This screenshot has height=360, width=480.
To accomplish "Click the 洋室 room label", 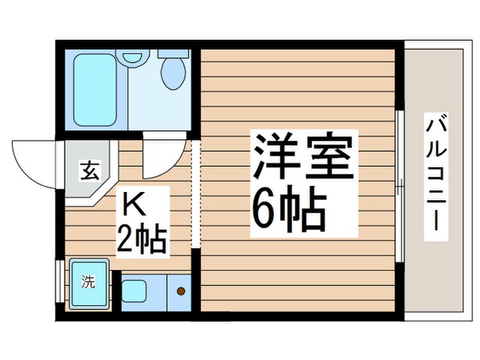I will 304,157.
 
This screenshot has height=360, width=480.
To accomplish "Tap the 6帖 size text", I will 288,208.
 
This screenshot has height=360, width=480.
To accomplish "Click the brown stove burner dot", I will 181,291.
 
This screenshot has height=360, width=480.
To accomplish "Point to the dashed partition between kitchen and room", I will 195,195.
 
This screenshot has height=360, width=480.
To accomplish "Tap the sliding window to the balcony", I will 399,182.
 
